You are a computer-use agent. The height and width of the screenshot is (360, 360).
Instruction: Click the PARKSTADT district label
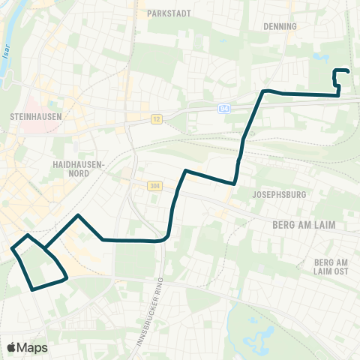[x=171, y=13]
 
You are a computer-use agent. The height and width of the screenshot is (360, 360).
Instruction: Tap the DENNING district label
[x=281, y=25]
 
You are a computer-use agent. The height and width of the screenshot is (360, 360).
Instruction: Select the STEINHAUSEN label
[x=36, y=117]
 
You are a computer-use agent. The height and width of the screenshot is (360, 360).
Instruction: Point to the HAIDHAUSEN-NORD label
[x=72, y=167]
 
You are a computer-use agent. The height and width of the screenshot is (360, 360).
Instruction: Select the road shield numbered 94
[x=223, y=109]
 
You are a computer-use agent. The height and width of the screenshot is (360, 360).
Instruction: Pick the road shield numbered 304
[x=154, y=186]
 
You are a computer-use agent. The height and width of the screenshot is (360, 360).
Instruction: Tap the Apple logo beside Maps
[x=12, y=347]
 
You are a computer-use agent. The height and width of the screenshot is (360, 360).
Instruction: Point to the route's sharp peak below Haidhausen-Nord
[x=78, y=215]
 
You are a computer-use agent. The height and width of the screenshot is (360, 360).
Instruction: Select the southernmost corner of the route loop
[x=31, y=289]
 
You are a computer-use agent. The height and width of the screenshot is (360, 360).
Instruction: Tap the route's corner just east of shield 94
[x=263, y=91]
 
